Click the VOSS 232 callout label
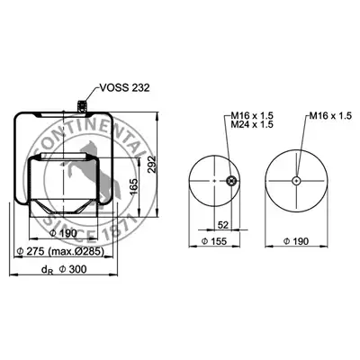[x=124, y=87]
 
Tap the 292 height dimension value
[x=152, y=164]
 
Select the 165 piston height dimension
[x=134, y=186]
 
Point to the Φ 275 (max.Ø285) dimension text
[x=60, y=251]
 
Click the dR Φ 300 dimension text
[x=64, y=269]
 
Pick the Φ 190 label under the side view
[x=63, y=233]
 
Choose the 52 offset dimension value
[x=223, y=225]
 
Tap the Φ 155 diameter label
[x=214, y=241]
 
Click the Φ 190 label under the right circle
[x=296, y=241]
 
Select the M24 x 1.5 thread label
[x=252, y=124]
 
